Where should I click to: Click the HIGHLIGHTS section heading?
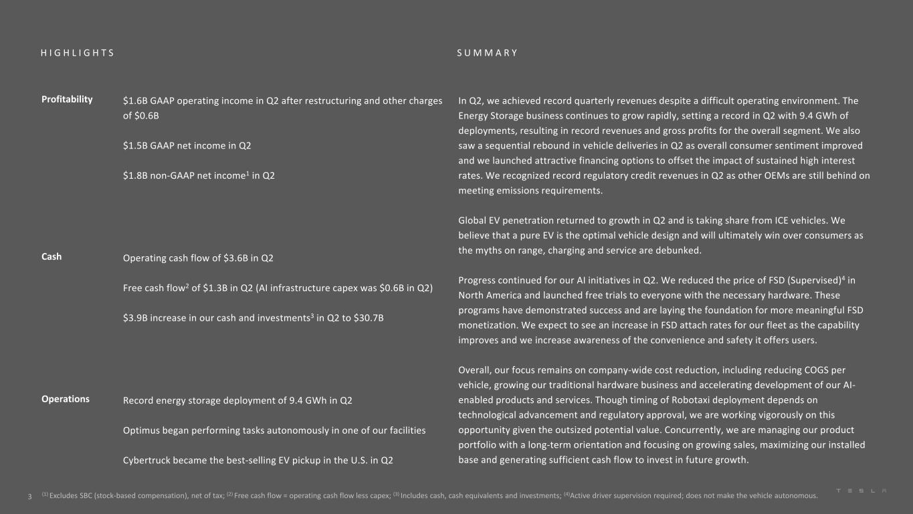78,53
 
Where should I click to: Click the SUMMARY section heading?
488,53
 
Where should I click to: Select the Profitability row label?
67,99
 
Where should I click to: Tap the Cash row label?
52,256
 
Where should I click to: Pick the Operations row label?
66,399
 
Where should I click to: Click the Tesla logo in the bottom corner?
862,491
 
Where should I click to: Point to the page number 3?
29,497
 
